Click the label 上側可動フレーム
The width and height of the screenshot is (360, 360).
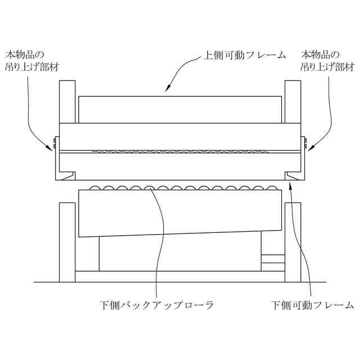(244, 56)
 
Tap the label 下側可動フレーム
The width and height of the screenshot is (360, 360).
(312, 305)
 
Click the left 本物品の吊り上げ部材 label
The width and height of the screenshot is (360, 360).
(32, 61)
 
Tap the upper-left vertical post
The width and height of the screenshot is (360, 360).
(67, 101)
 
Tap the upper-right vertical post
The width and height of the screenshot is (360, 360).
(293, 101)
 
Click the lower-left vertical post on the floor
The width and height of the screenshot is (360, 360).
(67, 242)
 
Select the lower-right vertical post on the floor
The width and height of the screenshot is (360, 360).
(293, 242)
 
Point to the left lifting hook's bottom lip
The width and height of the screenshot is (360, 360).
(66, 176)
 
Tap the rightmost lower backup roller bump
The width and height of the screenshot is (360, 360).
(273, 187)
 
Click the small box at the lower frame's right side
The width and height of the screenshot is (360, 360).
(273, 260)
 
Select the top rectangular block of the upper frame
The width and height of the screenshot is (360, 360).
(180, 110)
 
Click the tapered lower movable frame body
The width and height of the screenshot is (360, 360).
(180, 213)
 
